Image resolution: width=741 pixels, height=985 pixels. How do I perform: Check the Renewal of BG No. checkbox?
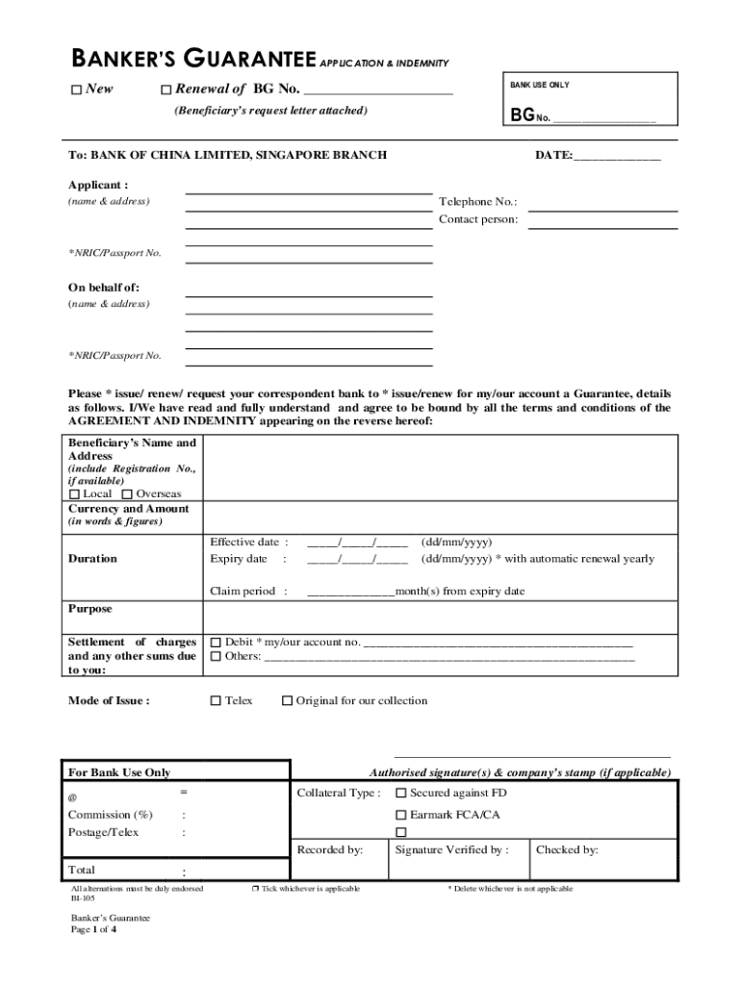165,90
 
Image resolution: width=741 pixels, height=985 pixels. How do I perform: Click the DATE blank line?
617,156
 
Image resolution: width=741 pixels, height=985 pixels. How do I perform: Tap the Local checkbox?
75,494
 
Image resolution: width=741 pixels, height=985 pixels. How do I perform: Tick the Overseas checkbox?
128,494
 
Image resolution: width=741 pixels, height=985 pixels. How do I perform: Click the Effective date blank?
357,543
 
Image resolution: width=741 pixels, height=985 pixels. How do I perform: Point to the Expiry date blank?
357,560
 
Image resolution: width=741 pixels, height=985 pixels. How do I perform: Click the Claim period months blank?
350,593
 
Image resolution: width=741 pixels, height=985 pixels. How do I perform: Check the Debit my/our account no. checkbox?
216,642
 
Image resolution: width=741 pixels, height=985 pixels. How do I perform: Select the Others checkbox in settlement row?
216,657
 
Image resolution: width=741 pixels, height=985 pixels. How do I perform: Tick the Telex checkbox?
216,701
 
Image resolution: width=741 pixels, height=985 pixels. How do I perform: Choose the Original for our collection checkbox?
287,701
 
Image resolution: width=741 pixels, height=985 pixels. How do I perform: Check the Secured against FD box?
401,794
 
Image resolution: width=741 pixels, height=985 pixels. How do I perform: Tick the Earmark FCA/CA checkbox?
401,815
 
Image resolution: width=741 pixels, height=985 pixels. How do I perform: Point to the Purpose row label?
89,609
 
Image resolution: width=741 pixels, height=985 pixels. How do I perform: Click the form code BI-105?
82,898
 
